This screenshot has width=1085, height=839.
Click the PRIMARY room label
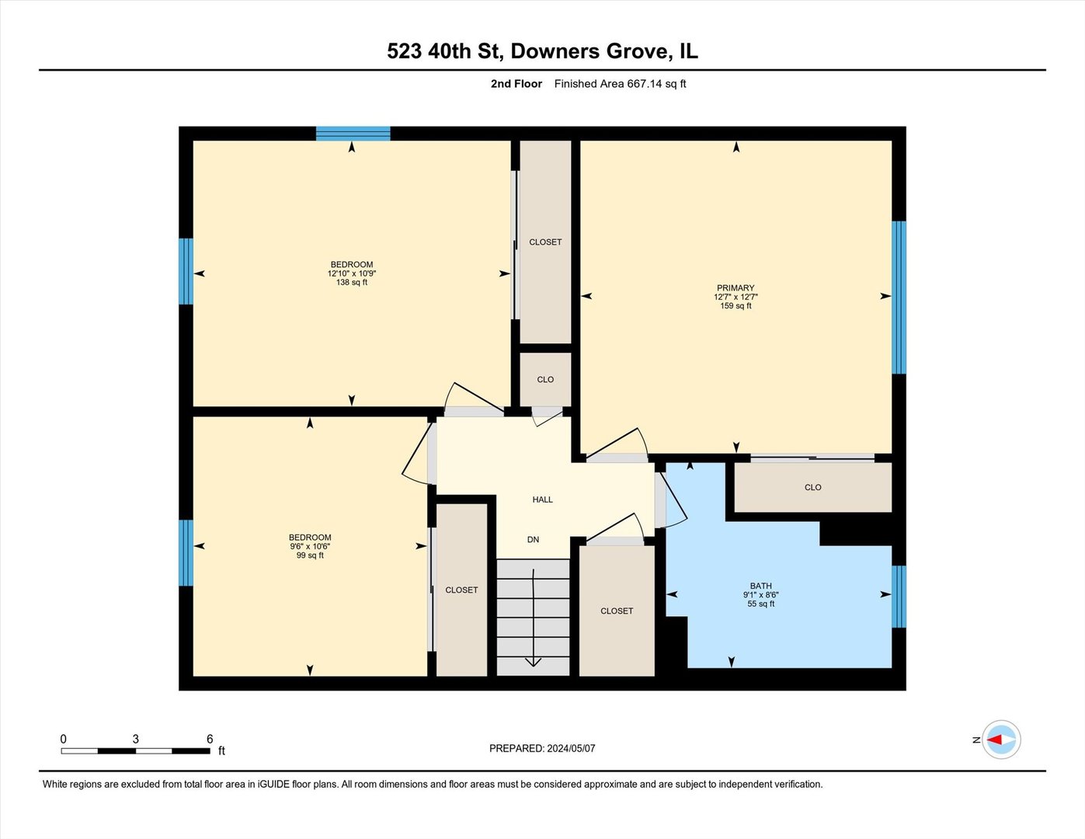pos(736,287)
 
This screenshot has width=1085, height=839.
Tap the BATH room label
pos(760,586)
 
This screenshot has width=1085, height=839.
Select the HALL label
pos(542,500)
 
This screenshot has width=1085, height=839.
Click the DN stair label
pos(533,539)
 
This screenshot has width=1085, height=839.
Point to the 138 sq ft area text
pos(352,283)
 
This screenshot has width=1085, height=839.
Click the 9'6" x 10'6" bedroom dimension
pos(310,546)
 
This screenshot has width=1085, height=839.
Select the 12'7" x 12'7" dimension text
pos(736,297)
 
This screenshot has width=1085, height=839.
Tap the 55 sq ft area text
pos(760,604)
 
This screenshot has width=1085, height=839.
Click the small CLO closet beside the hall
pos(545,379)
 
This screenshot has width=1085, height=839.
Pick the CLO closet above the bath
pos(812,487)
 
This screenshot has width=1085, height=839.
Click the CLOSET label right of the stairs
pos(617,611)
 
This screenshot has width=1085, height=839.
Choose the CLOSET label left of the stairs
pos(461,590)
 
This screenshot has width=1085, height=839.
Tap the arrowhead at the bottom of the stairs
pos(534,662)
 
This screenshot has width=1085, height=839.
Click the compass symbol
pos(1001,740)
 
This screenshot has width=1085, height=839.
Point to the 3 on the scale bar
pos(135,739)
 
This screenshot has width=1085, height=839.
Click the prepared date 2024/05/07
pos(571,748)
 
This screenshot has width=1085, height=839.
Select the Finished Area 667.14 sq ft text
pos(620,84)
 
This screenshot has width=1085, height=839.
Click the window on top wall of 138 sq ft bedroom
pos(353,134)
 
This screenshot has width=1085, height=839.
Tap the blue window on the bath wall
pos(899,596)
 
